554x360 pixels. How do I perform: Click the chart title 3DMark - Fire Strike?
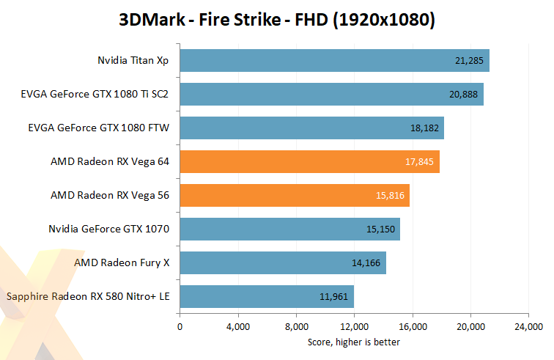[277, 20]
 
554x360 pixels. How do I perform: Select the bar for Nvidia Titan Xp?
[334, 61]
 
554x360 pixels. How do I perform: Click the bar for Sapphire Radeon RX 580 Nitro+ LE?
[267, 297]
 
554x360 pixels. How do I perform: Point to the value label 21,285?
[469, 61]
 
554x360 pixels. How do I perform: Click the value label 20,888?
[463, 95]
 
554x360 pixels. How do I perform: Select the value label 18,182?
[424, 128]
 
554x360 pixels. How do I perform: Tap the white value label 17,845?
[419, 162]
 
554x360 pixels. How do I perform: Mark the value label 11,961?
[334, 297]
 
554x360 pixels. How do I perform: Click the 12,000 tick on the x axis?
[355, 326]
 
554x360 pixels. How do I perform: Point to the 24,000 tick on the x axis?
[529, 326]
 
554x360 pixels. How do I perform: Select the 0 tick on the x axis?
[180, 326]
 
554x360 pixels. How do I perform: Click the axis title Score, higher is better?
[354, 342]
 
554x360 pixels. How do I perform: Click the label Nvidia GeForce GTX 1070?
[109, 229]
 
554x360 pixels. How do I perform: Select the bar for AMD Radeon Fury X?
[283, 263]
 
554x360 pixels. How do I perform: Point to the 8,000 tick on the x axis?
[296, 326]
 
